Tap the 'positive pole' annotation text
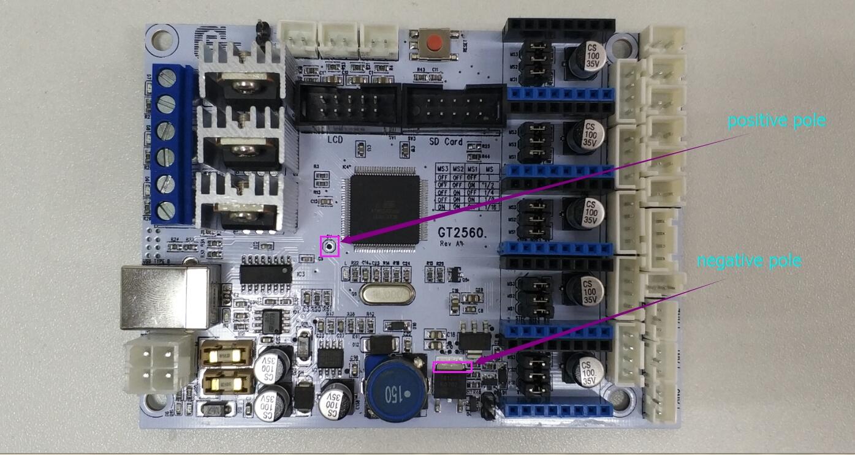coord(777,121)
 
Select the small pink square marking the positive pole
coord(330,246)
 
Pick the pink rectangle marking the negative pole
coord(453,367)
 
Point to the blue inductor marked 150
coord(391,386)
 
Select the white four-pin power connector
coord(151,366)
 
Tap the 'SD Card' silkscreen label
coord(446,141)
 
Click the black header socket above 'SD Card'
coord(454,107)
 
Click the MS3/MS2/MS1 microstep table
coord(466,187)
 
